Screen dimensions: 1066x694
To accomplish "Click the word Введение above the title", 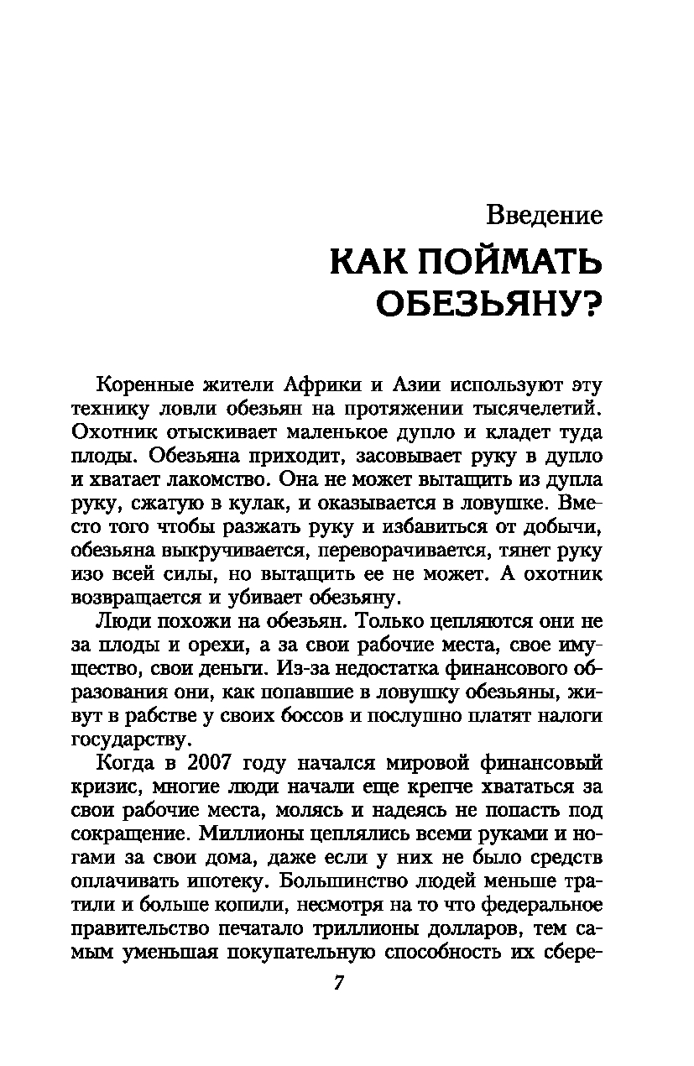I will [x=545, y=215].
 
